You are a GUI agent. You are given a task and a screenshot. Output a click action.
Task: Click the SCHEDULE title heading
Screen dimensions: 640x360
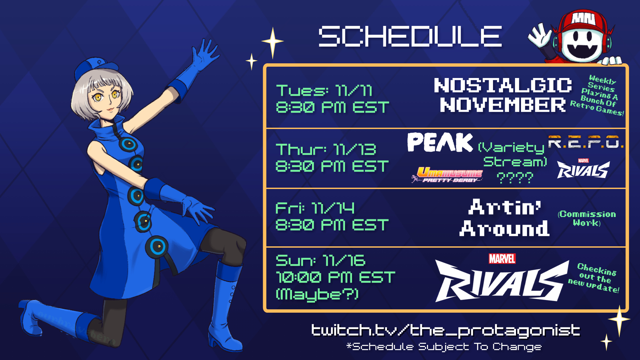(x=410, y=36)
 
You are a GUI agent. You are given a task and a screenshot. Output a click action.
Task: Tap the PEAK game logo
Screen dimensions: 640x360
(x=440, y=142)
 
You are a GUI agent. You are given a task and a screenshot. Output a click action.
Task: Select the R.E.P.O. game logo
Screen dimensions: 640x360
(x=586, y=142)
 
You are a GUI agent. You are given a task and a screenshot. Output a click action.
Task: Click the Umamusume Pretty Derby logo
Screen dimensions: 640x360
(x=447, y=174)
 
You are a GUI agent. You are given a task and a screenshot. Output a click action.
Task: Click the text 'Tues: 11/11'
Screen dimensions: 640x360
(x=324, y=90)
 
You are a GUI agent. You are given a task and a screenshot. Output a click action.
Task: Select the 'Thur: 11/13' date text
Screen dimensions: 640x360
(x=326, y=149)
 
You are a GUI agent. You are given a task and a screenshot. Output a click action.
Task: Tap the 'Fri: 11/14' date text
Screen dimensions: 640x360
(x=315, y=208)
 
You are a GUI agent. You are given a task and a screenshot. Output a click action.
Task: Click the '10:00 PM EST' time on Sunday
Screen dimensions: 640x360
(x=335, y=277)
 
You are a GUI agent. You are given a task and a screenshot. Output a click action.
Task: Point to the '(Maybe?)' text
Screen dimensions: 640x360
(x=317, y=294)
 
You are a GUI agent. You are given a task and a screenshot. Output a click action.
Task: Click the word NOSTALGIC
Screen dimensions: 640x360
(x=503, y=85)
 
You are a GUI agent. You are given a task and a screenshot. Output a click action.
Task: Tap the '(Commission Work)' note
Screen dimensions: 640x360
(x=587, y=218)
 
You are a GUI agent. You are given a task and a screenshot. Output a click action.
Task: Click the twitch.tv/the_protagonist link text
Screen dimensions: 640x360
(x=446, y=330)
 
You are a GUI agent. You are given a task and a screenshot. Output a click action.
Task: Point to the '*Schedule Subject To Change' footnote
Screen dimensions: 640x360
(x=444, y=347)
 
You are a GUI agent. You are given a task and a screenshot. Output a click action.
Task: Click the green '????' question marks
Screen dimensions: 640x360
(x=515, y=178)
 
